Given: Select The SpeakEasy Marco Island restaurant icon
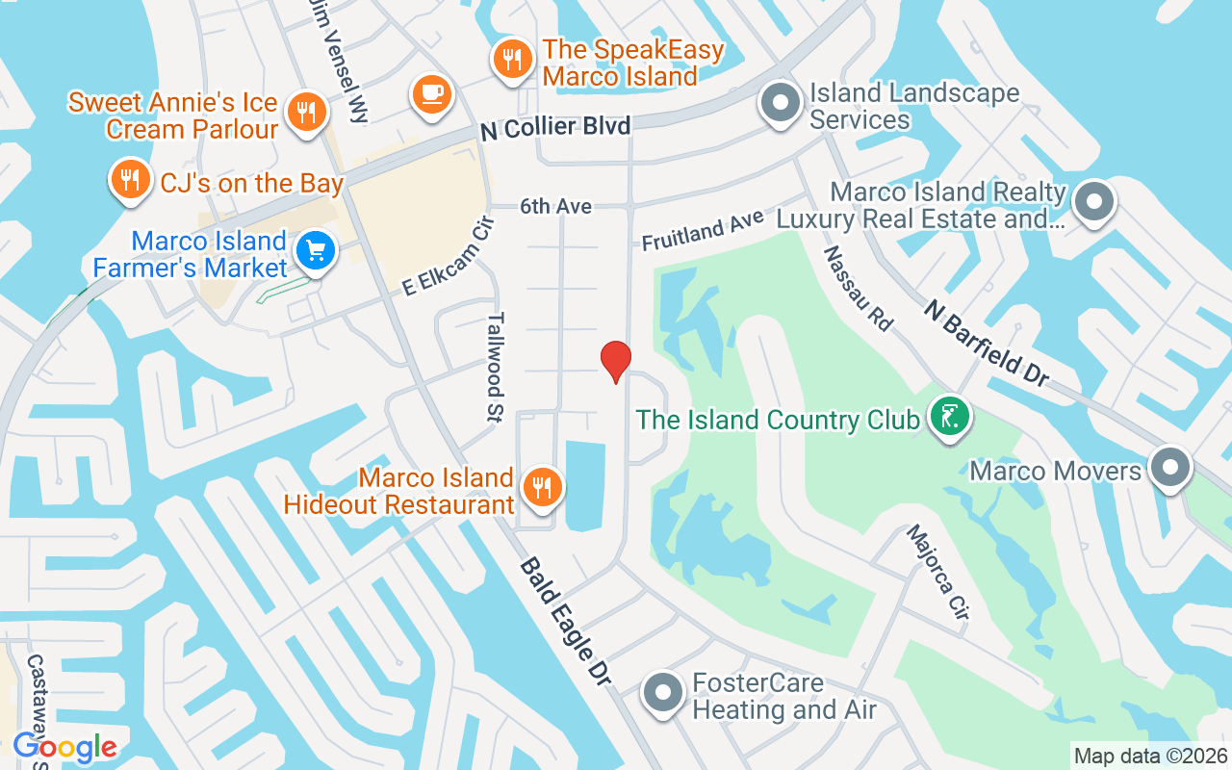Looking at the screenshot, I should (x=512, y=60).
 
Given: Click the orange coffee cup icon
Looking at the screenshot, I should (x=431, y=93).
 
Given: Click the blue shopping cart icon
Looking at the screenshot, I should (x=315, y=251).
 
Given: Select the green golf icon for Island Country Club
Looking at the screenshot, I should (x=950, y=416).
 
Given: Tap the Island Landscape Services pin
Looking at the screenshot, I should (x=781, y=102).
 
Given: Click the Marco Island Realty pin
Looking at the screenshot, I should (x=1093, y=203).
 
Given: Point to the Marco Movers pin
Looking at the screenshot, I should (x=1169, y=467).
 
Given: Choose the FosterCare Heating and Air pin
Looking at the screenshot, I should (x=662, y=693).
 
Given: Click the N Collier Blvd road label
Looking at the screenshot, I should (x=555, y=127).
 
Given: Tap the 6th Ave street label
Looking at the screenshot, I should (x=556, y=206).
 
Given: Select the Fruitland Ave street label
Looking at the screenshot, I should (x=703, y=231).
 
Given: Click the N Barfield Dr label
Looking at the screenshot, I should (x=987, y=342).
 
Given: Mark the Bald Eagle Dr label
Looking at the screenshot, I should (x=566, y=621).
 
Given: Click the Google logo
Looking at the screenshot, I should (x=65, y=746).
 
